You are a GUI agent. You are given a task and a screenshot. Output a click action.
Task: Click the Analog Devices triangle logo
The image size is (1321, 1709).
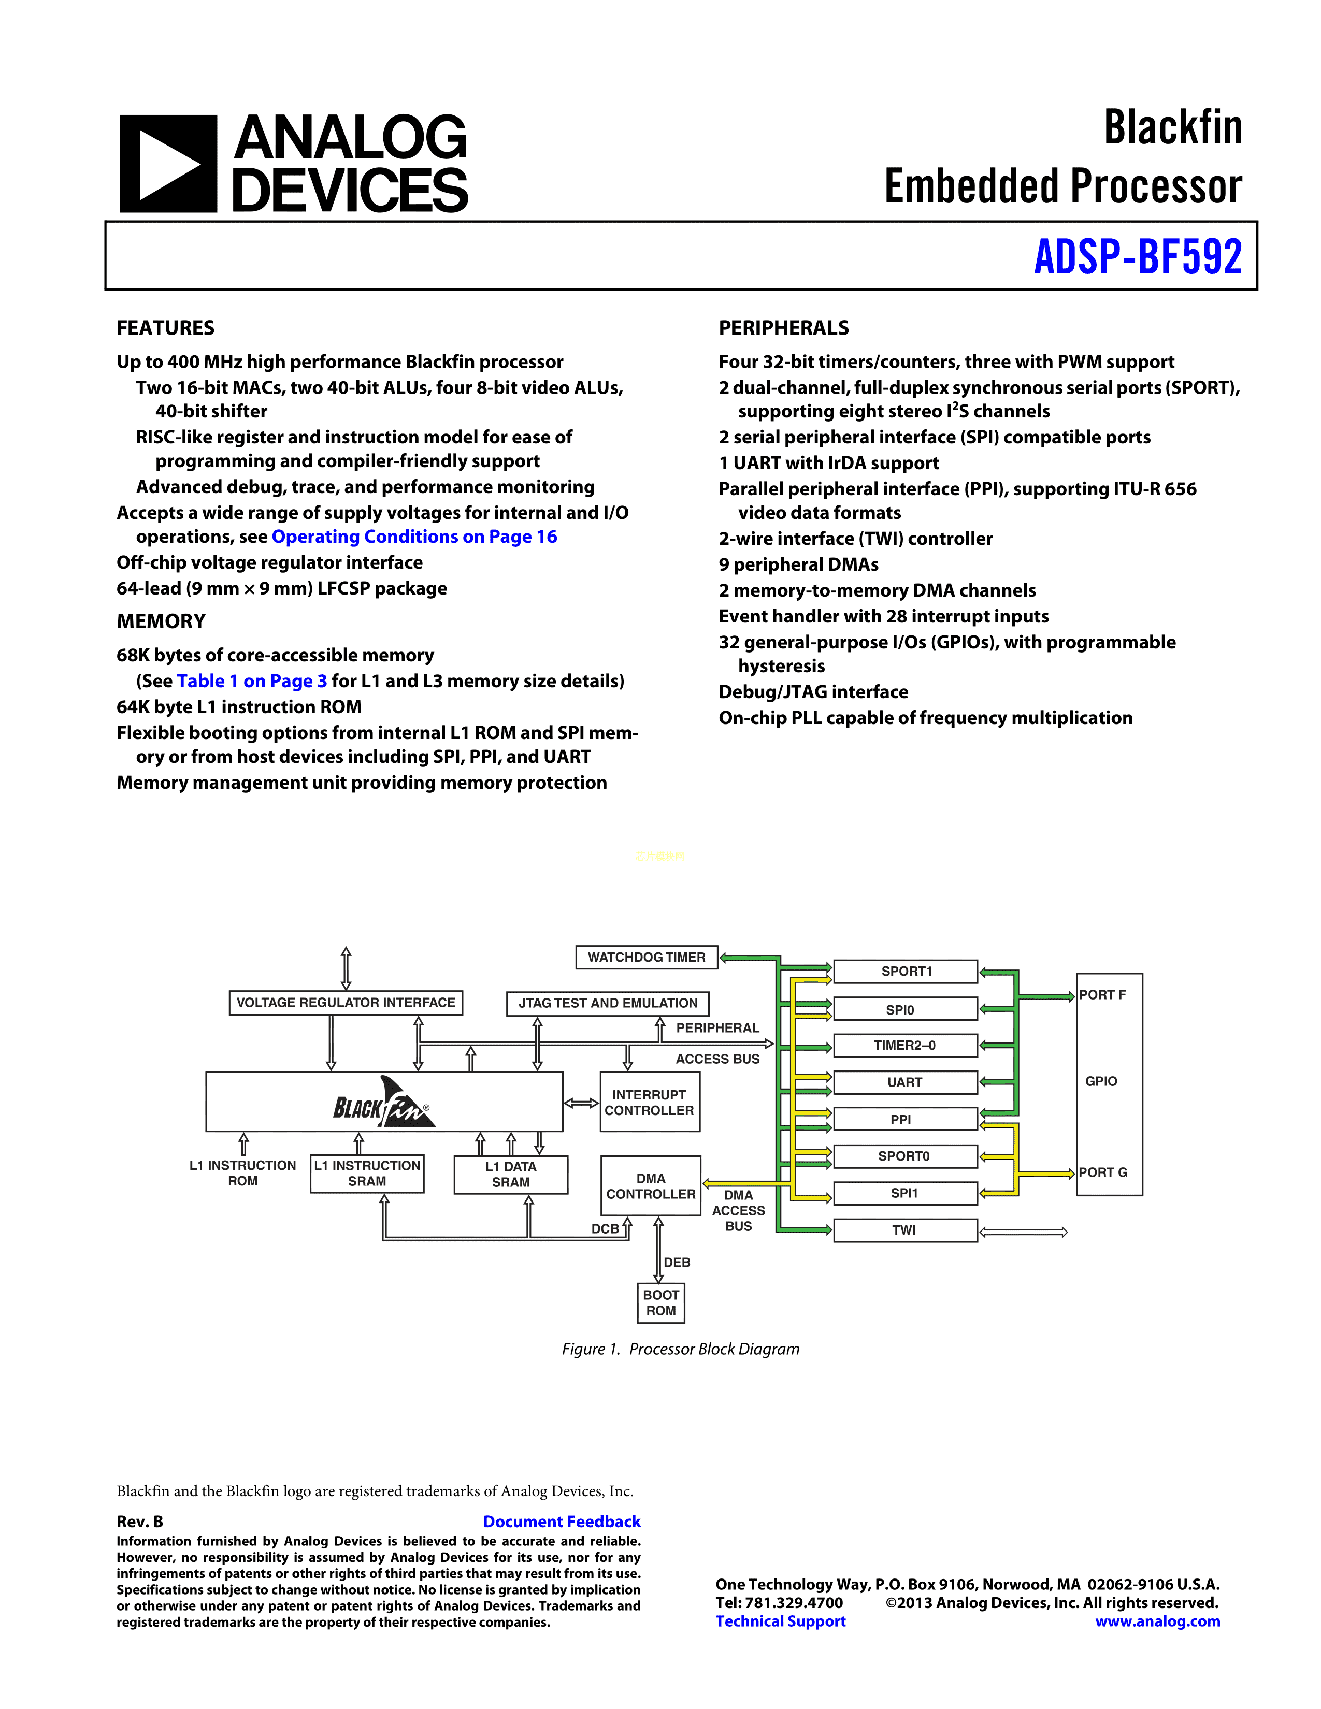coord(168,164)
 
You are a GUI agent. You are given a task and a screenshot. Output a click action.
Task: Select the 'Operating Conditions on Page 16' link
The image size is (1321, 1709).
coord(414,537)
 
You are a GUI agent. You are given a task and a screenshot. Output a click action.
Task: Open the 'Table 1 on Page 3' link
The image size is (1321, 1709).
coord(252,682)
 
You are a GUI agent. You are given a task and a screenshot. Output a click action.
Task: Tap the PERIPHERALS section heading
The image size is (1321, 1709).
coord(783,328)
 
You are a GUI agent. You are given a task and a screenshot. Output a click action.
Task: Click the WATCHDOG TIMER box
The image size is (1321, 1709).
coord(647,957)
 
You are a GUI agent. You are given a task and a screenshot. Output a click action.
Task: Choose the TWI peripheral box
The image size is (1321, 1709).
coord(904,1230)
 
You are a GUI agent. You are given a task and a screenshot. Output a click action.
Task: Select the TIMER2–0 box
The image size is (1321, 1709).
coord(904,1046)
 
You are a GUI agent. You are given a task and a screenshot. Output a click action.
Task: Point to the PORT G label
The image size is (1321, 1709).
coord(1103,1172)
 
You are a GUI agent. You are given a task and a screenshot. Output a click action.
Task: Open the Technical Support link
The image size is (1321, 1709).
coord(780,1621)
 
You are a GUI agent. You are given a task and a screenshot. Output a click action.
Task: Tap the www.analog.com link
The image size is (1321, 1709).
coord(1157,1621)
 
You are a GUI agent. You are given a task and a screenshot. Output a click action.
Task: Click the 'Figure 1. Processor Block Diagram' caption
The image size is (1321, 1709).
coord(680,1349)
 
